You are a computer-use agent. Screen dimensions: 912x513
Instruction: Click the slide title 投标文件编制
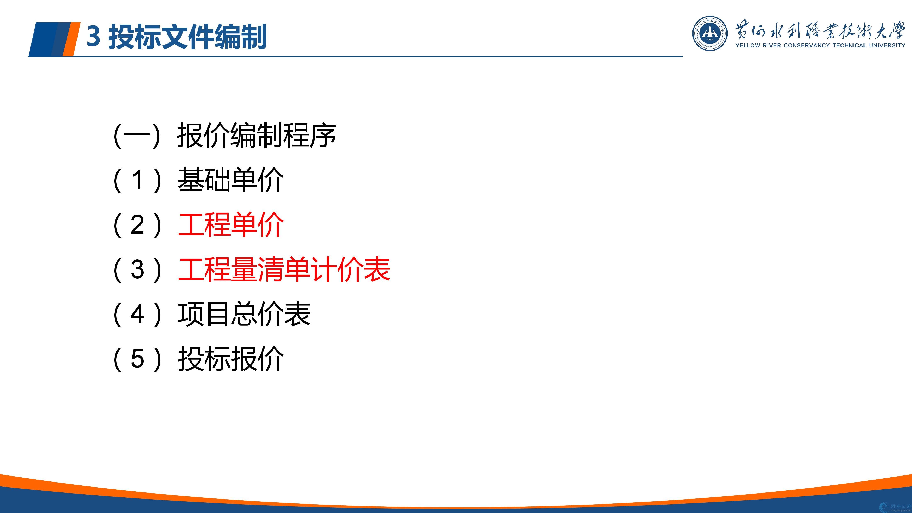coord(187,36)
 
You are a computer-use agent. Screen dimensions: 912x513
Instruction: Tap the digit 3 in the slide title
coord(93,36)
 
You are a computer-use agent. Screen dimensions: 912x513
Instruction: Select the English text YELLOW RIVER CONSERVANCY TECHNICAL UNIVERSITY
coord(820,45)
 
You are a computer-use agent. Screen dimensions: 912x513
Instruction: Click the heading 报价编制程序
coord(257,135)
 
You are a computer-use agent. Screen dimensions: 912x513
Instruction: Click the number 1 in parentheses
coord(138,180)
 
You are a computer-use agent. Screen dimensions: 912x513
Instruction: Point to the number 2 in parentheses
coord(137,225)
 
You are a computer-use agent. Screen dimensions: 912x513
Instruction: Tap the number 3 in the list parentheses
coord(137,269)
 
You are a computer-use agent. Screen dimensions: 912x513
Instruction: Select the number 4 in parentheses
coord(137,314)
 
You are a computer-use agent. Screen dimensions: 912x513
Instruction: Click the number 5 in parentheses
coord(137,359)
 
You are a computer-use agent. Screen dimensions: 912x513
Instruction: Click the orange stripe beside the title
coord(71,39)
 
